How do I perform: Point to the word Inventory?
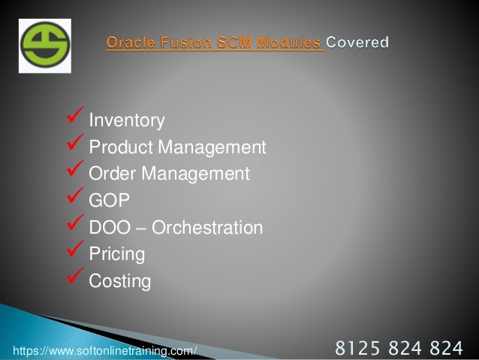pos(126,120)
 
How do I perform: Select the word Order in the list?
pos(111,174)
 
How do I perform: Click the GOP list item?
pos(107,201)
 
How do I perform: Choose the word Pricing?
pos(116,255)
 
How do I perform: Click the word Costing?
pos(119,282)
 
